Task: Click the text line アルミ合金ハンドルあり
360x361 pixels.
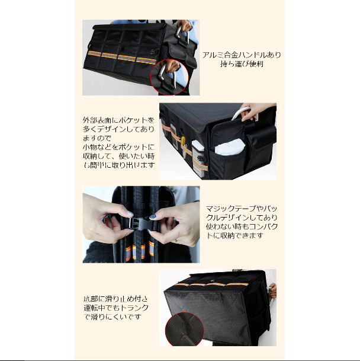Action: [x=242, y=55]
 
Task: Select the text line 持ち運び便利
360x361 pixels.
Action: [x=242, y=64]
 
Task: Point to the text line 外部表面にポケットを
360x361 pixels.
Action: [x=118, y=120]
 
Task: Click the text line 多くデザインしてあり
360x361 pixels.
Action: [x=118, y=129]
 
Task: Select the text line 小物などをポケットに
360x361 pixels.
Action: [x=118, y=147]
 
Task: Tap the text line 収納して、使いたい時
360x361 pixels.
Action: [x=118, y=156]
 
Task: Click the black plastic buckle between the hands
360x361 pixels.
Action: [x=139, y=223]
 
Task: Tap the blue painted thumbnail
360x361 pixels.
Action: [x=153, y=216]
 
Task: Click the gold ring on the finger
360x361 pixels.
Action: [x=176, y=240]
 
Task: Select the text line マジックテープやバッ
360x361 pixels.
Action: [x=242, y=209]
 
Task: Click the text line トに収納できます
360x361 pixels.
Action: [x=234, y=235]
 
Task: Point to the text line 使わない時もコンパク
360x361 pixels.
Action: [x=242, y=226]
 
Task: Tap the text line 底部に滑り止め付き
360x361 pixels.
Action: [x=115, y=299]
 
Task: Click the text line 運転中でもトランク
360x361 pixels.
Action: [x=116, y=308]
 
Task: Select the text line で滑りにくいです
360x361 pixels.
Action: [x=112, y=317]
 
